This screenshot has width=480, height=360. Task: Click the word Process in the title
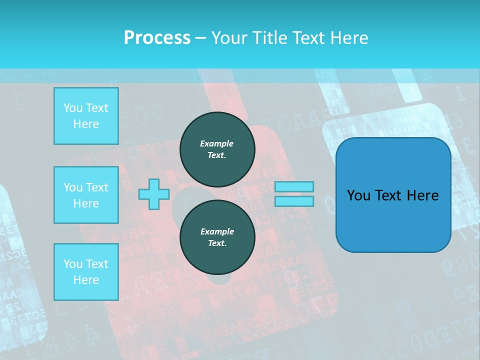157,37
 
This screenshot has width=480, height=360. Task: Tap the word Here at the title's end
348,37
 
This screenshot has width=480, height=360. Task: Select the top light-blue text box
86,116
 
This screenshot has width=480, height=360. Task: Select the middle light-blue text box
86,195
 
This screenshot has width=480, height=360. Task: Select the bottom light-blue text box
86,271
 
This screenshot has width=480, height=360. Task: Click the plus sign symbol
154,194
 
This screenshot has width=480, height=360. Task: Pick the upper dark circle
217,149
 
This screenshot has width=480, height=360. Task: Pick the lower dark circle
217,237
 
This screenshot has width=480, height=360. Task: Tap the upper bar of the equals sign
294,186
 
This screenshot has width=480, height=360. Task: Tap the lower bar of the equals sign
294,201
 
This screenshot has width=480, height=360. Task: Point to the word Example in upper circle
217,143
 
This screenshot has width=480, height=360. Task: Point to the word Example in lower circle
217,231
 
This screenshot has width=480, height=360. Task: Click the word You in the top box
73,108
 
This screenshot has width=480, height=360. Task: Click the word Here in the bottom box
86,280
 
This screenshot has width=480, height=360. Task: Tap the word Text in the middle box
97,187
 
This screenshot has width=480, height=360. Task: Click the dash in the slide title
201,38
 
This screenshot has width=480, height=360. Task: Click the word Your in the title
228,37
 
